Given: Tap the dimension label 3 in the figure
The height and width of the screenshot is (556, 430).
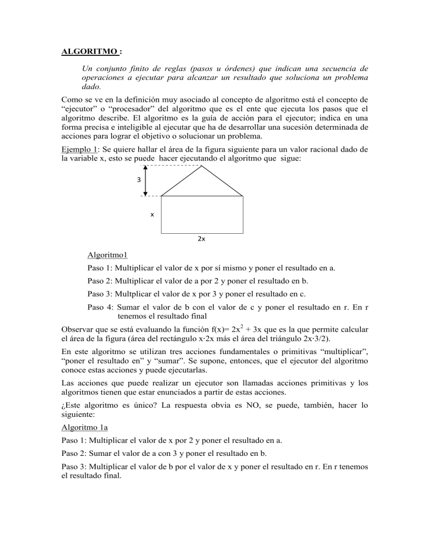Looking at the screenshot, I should pyautogui.click(x=136, y=180).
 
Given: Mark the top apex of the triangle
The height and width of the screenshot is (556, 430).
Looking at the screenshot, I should pyautogui.click(x=202, y=166).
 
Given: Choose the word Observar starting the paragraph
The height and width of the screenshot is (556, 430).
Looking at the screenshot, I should pyautogui.click(x=78, y=330).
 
